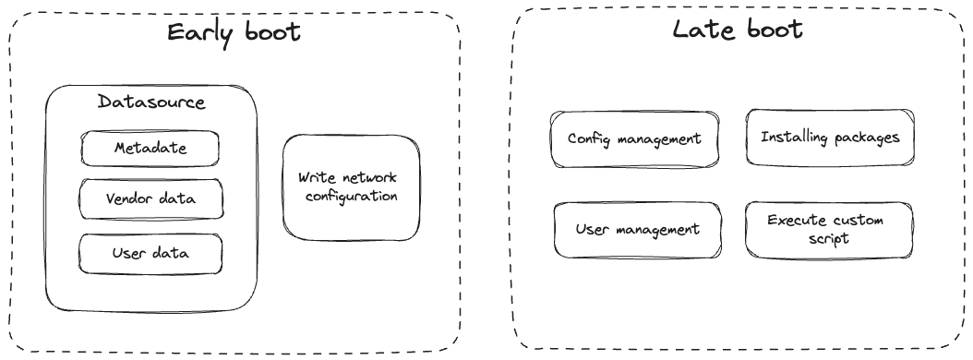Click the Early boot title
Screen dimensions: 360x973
pos(234,32)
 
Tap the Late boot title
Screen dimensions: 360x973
pos(736,30)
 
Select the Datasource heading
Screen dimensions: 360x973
pos(150,101)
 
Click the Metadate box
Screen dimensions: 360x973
pos(150,148)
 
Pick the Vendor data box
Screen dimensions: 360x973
pos(150,198)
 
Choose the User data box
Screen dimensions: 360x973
pos(150,252)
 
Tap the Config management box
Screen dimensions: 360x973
pos(633,138)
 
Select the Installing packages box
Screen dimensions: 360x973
pos(829,138)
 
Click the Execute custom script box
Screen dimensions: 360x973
pos(828,228)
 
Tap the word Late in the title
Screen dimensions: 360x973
pos(703,30)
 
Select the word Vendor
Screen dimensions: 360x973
pos(127,198)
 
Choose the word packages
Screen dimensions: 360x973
pos(865,138)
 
